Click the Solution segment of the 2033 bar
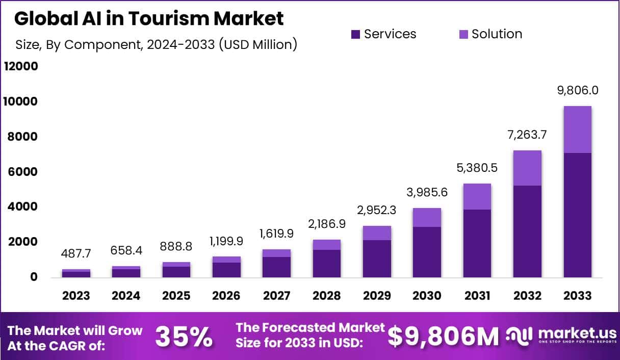[x=577, y=130]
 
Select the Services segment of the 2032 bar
[x=527, y=231]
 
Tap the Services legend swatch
[x=356, y=34]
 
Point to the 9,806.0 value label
[x=577, y=91]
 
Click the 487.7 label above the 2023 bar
[x=76, y=253]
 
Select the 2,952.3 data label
[x=377, y=210]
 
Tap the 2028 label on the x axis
[x=327, y=296]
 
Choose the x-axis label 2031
[x=477, y=296]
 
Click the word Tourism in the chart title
[x=166, y=18]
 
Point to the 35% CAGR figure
[x=184, y=337]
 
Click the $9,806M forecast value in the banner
[x=443, y=337]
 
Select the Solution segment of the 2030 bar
[x=427, y=217]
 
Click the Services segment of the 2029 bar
[x=377, y=259]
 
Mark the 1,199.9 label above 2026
[x=226, y=241]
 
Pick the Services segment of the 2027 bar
[x=276, y=267]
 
